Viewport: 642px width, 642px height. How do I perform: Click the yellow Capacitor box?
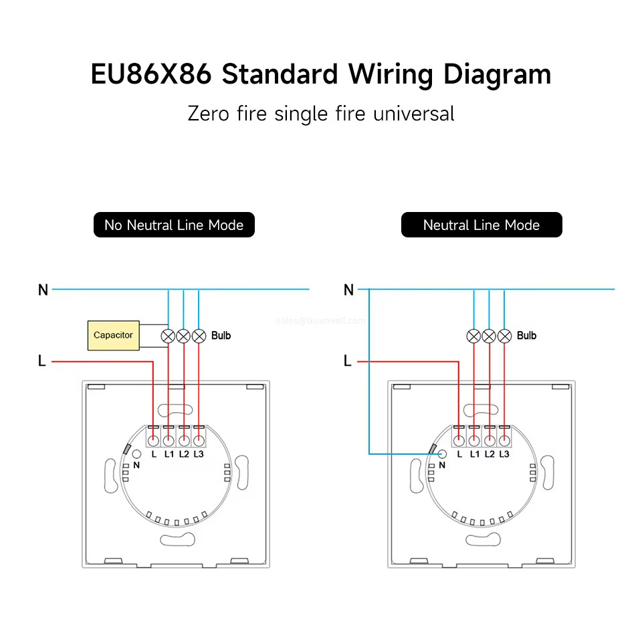(x=113, y=335)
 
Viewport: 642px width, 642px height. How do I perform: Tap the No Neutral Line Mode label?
(x=174, y=225)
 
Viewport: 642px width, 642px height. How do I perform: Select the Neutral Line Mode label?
(x=481, y=225)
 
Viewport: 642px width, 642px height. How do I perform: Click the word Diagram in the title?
(x=498, y=74)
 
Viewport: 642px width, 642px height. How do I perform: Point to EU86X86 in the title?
(x=151, y=74)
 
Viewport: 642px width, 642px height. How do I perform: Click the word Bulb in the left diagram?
(x=221, y=335)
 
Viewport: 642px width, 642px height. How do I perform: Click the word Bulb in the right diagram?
(x=526, y=335)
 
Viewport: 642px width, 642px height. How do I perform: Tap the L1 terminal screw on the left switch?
(x=169, y=440)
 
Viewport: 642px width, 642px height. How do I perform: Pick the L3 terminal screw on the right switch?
(x=504, y=440)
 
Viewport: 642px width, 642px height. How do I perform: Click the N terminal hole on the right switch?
(x=443, y=453)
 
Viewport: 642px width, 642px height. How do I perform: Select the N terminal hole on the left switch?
(x=137, y=453)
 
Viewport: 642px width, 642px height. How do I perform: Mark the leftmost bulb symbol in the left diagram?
(x=168, y=336)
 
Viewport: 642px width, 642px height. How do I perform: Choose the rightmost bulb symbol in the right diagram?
(x=504, y=336)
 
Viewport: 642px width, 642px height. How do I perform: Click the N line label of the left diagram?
(x=43, y=290)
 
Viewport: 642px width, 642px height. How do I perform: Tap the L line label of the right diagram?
(x=347, y=361)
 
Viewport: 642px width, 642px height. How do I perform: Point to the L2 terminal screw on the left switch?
(x=184, y=440)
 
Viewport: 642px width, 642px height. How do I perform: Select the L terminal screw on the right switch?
(x=459, y=440)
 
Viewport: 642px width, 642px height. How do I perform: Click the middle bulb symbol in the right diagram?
(x=489, y=336)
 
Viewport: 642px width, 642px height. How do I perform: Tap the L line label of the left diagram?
(x=42, y=361)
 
